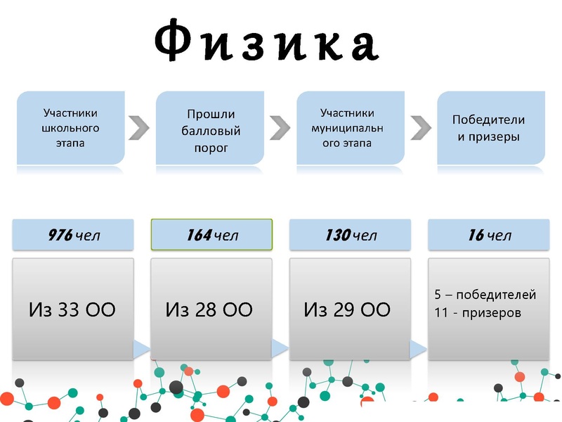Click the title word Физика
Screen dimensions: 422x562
point(266,44)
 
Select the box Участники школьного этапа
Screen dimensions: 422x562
point(70,127)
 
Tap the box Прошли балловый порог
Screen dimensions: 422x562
point(211,130)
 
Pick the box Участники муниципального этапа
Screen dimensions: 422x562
point(351,127)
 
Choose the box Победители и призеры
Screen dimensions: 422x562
point(489,128)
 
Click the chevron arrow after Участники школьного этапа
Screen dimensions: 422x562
point(140,127)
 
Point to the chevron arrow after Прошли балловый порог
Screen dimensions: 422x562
point(280,127)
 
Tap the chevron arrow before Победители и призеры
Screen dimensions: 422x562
point(421,127)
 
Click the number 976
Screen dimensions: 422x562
point(60,236)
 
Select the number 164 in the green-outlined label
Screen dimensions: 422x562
point(199,236)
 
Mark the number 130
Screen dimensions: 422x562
point(337,236)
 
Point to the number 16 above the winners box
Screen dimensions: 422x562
point(476,236)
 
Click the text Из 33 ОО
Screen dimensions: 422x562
point(72,309)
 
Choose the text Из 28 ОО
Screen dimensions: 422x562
point(209,309)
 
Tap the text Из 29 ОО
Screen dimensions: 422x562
point(347,309)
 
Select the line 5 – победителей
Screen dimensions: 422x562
point(485,295)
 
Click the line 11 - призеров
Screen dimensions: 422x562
point(478,312)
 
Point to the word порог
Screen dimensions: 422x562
point(211,148)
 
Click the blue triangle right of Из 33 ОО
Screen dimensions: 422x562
point(141,347)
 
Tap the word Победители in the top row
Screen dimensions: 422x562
point(488,120)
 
